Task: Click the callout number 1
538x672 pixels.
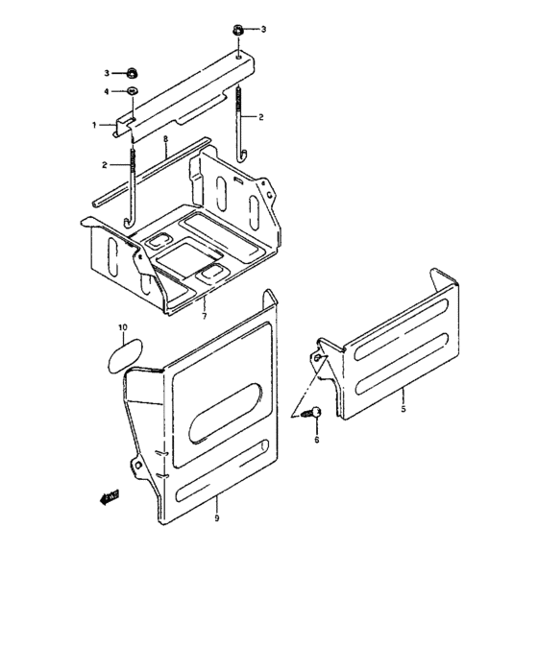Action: tap(95, 125)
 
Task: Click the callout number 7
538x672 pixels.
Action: tap(204, 314)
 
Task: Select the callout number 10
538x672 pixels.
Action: tap(122, 328)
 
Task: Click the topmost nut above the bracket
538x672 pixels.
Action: tap(237, 30)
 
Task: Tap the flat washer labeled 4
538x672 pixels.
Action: tap(131, 91)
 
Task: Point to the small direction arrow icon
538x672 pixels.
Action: tap(107, 496)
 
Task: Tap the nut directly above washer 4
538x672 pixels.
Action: tap(131, 72)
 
